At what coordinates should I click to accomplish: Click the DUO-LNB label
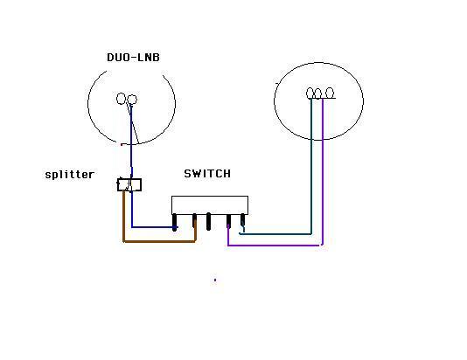133,58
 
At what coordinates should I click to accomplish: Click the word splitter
70,175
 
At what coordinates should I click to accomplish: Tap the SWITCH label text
207,174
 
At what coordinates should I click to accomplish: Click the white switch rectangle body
210,205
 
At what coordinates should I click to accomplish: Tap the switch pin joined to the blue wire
175,222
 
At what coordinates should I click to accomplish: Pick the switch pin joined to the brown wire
194,221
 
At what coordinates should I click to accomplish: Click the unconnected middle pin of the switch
208,221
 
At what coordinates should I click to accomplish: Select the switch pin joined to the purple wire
228,220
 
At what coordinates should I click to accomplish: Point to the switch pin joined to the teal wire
243,221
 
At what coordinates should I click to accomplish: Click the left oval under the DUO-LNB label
121,99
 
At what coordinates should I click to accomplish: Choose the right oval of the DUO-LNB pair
132,100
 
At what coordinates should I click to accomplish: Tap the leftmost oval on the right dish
310,93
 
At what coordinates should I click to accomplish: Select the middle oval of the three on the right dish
317,93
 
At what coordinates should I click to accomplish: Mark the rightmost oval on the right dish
330,93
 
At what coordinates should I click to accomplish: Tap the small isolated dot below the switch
215,280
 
